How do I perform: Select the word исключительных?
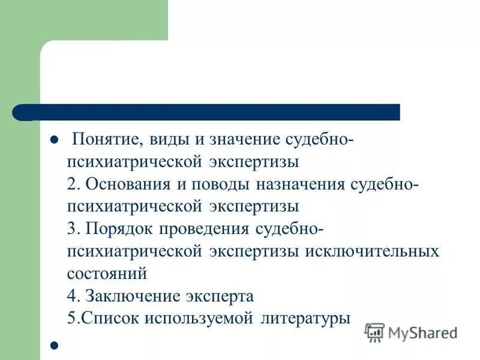(x=372, y=251)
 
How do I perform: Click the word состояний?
(x=107, y=273)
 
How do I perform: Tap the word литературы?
(x=305, y=317)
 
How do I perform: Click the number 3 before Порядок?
(x=71, y=229)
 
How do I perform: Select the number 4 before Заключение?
(x=71, y=295)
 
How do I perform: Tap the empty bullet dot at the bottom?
(x=53, y=346)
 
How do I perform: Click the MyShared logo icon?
(x=374, y=332)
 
